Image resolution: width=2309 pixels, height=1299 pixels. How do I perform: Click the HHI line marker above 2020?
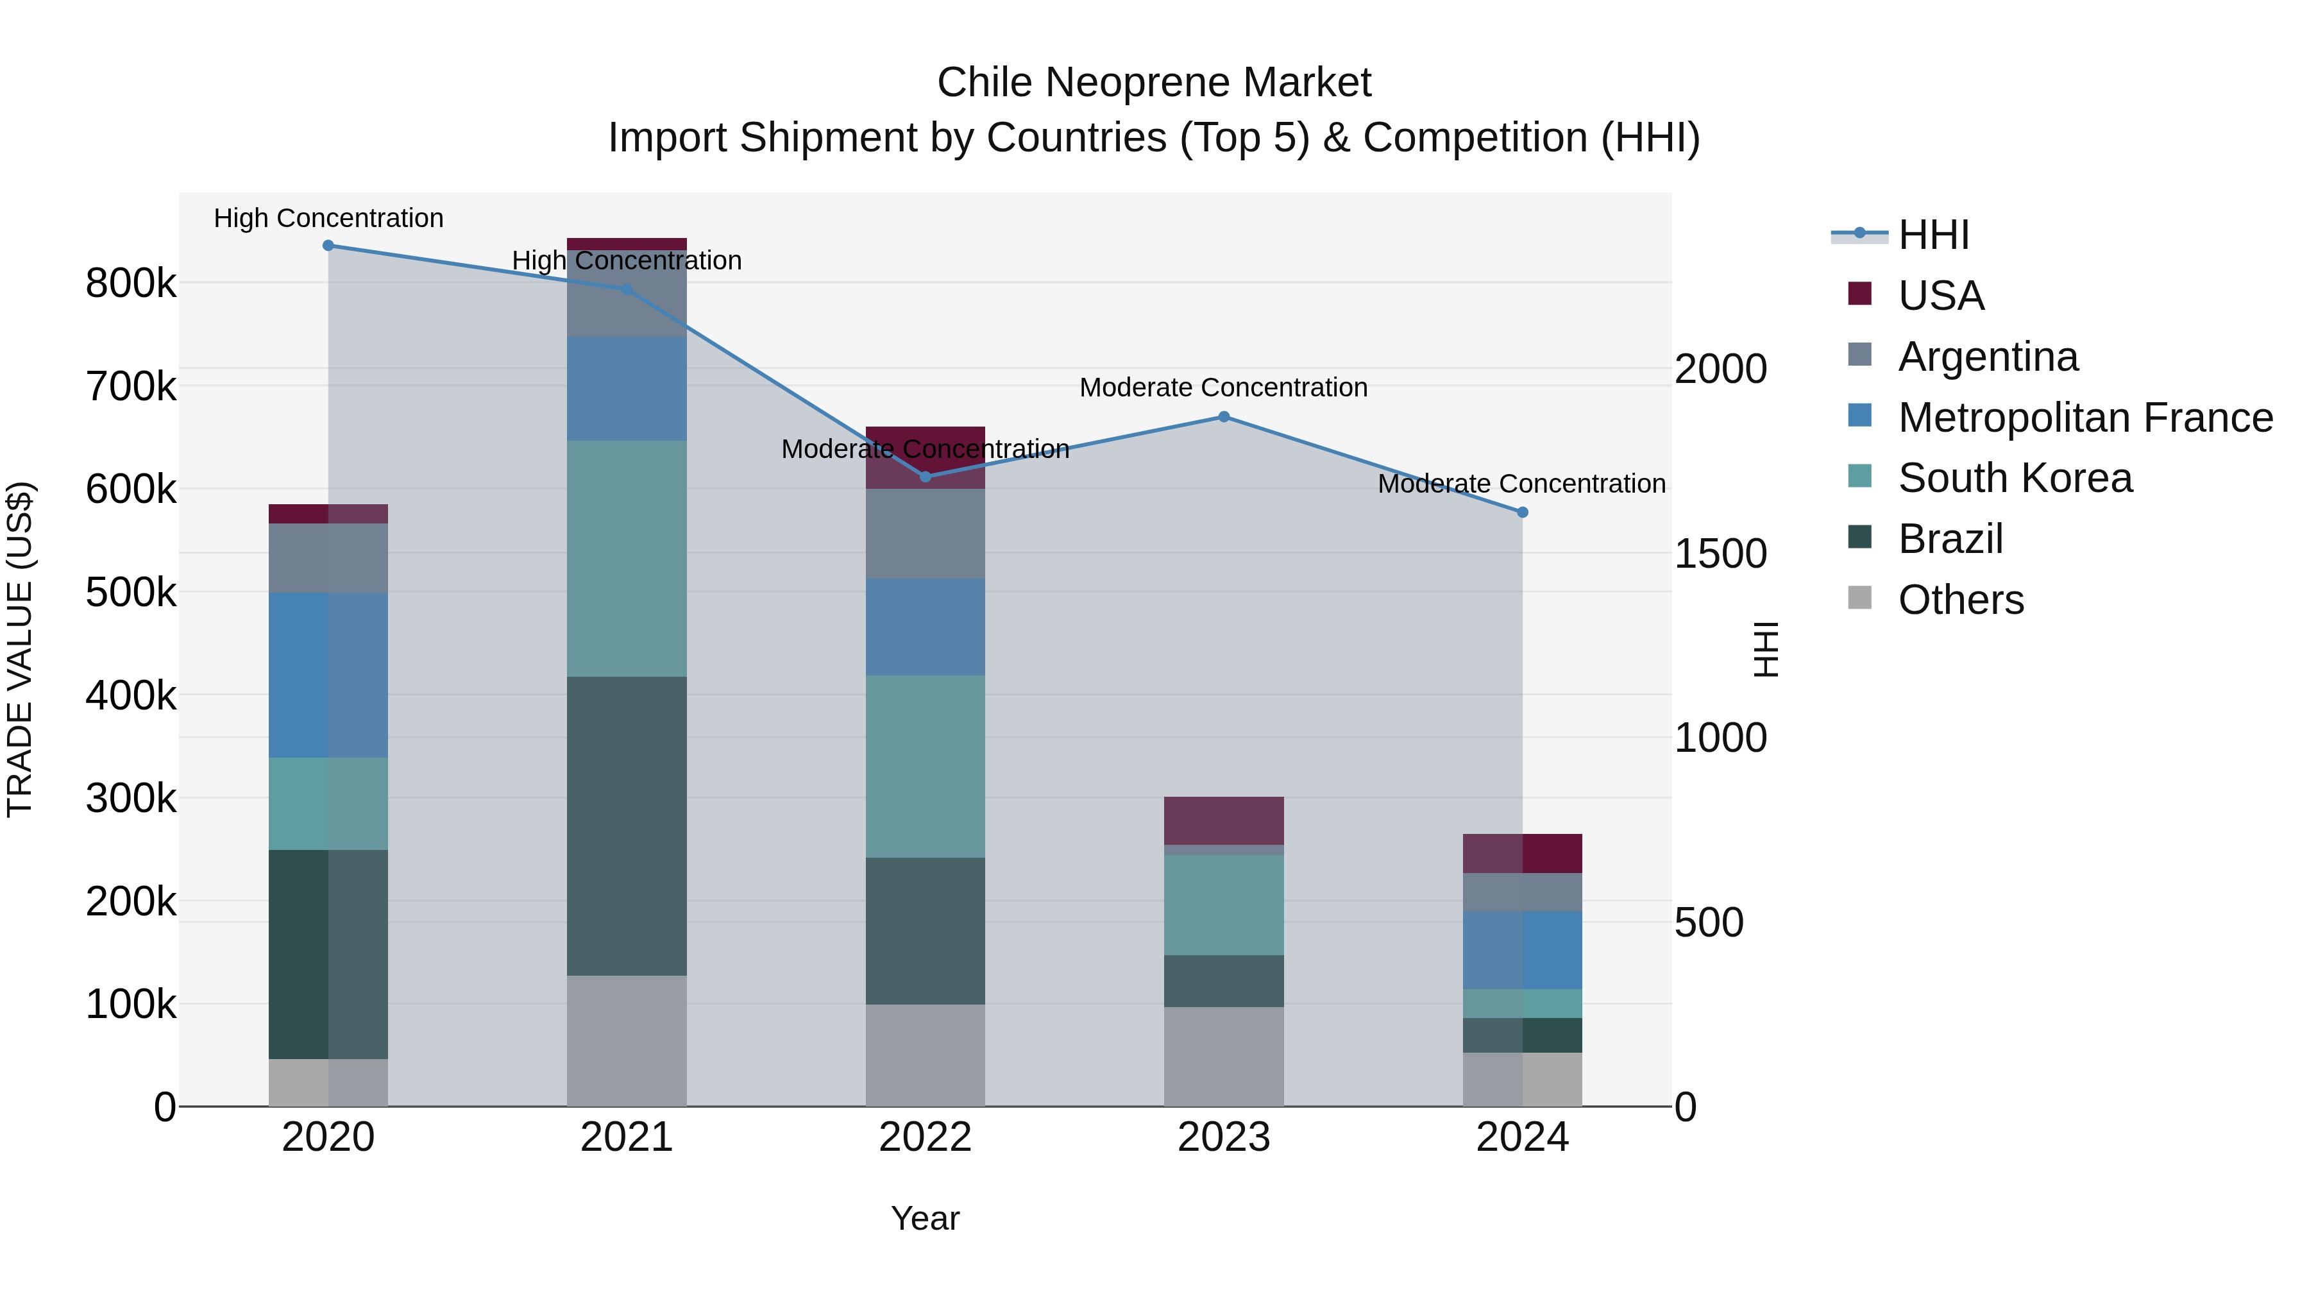(328, 246)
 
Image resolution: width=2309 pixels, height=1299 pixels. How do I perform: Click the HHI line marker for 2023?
(1224, 417)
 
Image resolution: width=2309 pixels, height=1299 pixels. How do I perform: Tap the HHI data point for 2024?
(1522, 513)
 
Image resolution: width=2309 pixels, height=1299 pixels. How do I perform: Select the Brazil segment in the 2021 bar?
(627, 826)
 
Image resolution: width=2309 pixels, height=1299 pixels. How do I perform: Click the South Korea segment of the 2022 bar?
(925, 767)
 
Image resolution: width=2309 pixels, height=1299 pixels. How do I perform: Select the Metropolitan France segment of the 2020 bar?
(328, 675)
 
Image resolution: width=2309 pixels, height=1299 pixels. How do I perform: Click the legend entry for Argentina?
(1987, 357)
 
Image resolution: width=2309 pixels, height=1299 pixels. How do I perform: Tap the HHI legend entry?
(1933, 235)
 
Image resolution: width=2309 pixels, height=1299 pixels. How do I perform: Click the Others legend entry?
(1960, 600)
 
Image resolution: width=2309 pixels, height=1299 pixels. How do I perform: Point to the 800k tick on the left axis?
(131, 284)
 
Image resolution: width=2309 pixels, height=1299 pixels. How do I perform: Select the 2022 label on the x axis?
(925, 1137)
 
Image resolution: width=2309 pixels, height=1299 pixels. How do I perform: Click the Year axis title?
(925, 1218)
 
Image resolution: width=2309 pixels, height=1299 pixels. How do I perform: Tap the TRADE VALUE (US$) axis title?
(20, 649)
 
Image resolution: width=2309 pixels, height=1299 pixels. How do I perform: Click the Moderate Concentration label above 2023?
(1224, 387)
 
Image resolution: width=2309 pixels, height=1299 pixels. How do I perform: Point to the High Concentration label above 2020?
(328, 218)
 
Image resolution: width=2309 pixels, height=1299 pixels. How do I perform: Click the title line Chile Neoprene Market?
(1154, 83)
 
